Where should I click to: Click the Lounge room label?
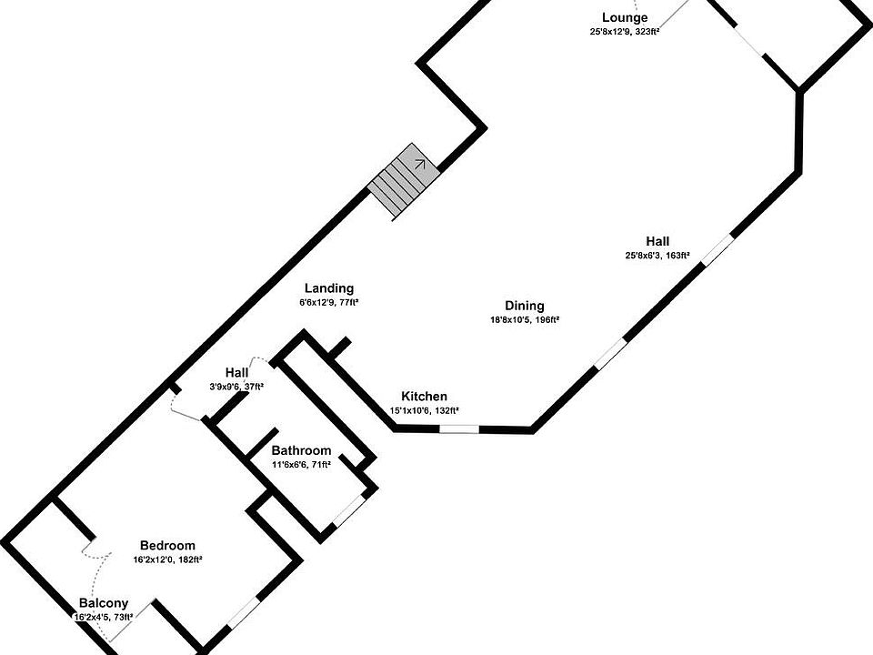pyautogui.click(x=625, y=17)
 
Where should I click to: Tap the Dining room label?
pyautogui.click(x=525, y=306)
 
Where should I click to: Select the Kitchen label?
pyautogui.click(x=424, y=396)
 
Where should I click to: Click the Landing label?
pyautogui.click(x=329, y=288)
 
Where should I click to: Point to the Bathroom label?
pyautogui.click(x=301, y=450)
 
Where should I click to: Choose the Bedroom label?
pyautogui.click(x=167, y=546)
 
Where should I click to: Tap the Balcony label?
pyautogui.click(x=103, y=603)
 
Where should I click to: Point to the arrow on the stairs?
pyautogui.click(x=420, y=164)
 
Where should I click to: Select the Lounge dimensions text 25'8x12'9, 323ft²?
pyautogui.click(x=625, y=32)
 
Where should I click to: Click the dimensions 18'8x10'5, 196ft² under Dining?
pyautogui.click(x=525, y=320)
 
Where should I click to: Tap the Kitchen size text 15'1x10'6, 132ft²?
pyautogui.click(x=424, y=410)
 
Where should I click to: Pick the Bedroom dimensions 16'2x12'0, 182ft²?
pyautogui.click(x=167, y=559)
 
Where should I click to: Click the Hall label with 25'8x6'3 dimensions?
pyautogui.click(x=658, y=241)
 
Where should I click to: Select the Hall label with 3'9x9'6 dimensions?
pyautogui.click(x=237, y=372)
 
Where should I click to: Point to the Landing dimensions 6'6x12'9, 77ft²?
pyautogui.click(x=329, y=302)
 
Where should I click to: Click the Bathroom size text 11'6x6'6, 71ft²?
pyautogui.click(x=301, y=464)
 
